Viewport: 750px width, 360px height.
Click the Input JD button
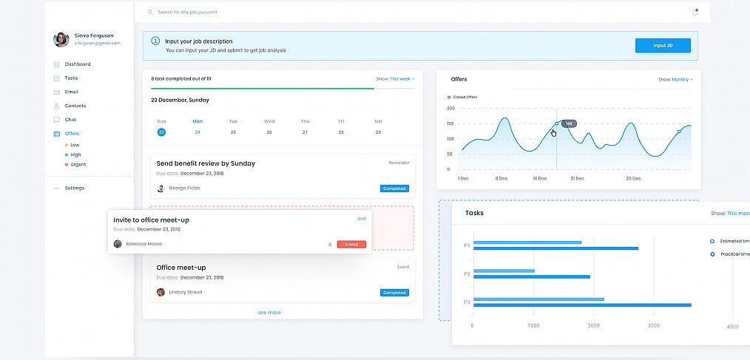tap(663, 46)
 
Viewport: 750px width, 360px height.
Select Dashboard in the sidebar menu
tap(77, 64)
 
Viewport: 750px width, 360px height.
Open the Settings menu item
tap(74, 188)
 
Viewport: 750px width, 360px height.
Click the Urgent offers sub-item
tap(77, 165)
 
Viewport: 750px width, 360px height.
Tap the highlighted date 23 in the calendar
tap(161, 132)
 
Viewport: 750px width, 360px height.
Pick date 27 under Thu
tap(305, 132)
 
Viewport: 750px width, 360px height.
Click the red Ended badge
tap(351, 244)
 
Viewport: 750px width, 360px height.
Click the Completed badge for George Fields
tap(394, 189)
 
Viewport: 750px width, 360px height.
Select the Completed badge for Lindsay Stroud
tap(394, 293)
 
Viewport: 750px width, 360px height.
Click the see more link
tap(269, 313)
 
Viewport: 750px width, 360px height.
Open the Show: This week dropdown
tap(396, 78)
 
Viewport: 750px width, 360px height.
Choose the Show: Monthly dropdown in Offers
tap(675, 79)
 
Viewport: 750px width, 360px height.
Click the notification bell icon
tap(695, 13)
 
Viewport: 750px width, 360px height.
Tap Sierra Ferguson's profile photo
tap(61, 40)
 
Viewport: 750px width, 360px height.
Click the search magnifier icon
tap(150, 13)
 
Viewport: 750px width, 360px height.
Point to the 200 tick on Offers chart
tap(450, 108)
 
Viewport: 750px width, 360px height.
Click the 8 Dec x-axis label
tap(501, 178)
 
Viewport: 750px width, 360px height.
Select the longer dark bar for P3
tap(581, 305)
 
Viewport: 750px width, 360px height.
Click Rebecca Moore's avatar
tap(118, 244)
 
